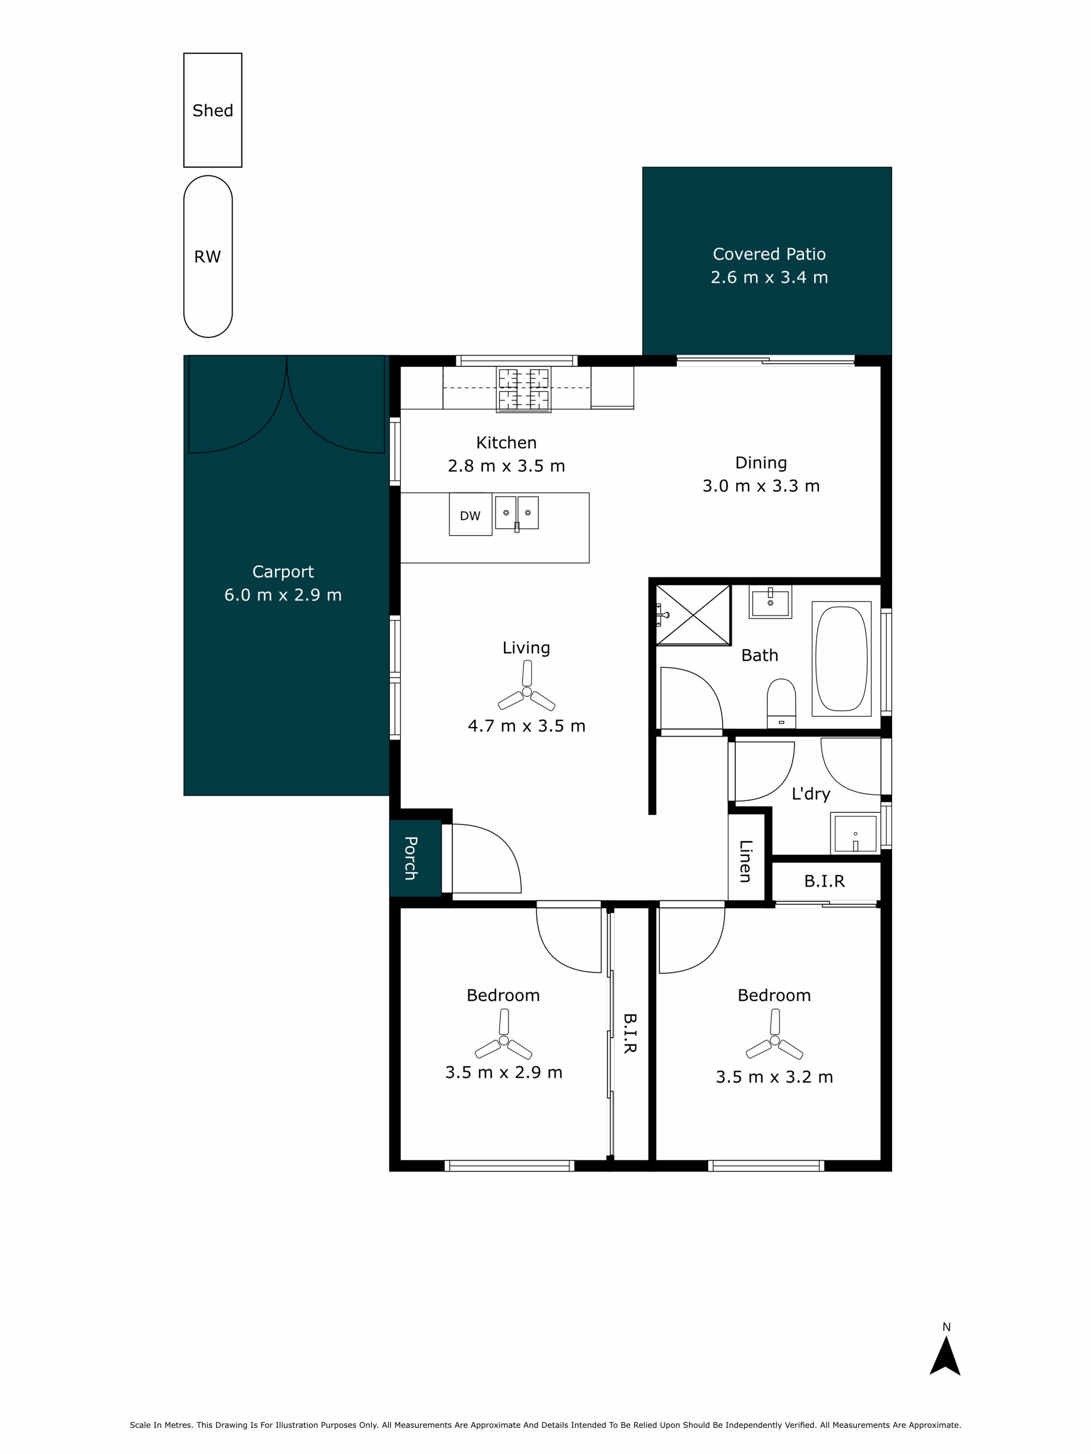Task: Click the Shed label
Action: pos(213,110)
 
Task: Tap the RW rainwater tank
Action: pos(208,256)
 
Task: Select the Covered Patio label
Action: pos(769,254)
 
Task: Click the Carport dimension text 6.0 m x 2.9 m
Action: pos(283,595)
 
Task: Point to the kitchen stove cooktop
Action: pos(523,390)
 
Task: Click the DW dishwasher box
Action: pos(470,514)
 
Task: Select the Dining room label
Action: pos(761,463)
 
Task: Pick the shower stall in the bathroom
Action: pos(693,615)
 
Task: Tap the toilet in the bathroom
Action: pos(781,703)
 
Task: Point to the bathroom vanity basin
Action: pos(770,601)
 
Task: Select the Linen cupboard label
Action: pos(745,861)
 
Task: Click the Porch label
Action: pos(410,858)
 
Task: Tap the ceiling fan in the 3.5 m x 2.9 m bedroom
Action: pos(503,1041)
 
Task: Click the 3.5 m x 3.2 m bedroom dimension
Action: pos(774,1077)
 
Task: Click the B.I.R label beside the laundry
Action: pos(824,881)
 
